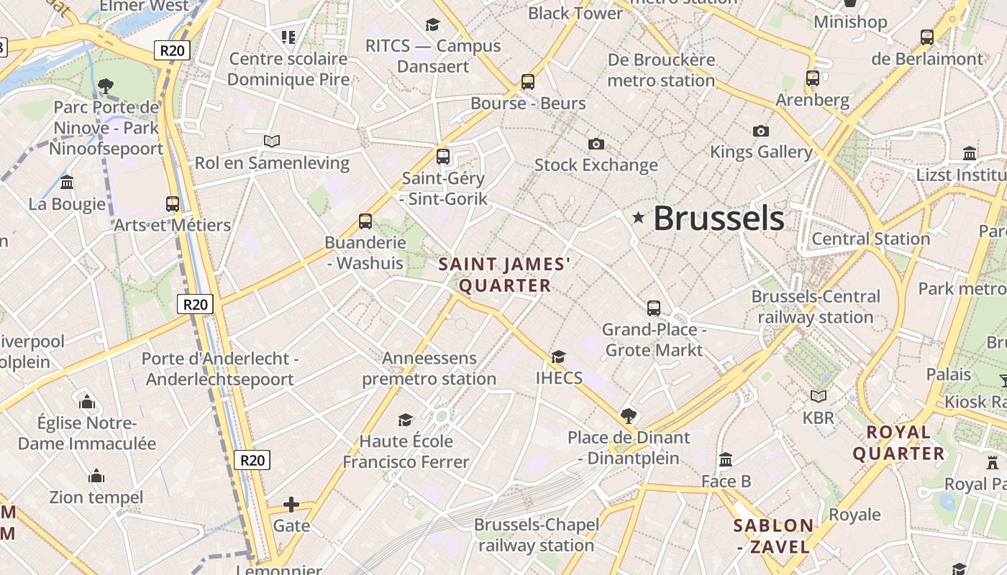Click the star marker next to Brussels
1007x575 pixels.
638,218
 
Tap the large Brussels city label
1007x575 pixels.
719,218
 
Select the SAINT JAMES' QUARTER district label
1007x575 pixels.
505,275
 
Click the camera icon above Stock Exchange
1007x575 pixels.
596,144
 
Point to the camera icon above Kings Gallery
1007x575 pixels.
761,131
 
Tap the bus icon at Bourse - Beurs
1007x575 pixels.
528,82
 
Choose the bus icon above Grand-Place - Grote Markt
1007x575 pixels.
654,308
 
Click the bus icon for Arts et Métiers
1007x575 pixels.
173,204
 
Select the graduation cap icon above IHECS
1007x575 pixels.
558,356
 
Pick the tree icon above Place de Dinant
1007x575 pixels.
629,415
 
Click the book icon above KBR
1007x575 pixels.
819,396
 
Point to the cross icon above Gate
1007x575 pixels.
291,505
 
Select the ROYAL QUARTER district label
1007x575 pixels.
898,443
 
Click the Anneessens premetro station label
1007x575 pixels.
429,368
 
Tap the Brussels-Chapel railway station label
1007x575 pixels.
537,535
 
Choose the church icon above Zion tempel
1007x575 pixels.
96,476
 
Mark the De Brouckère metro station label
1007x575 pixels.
661,70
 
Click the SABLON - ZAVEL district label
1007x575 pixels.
773,536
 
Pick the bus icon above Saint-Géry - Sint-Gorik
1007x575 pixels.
443,156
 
